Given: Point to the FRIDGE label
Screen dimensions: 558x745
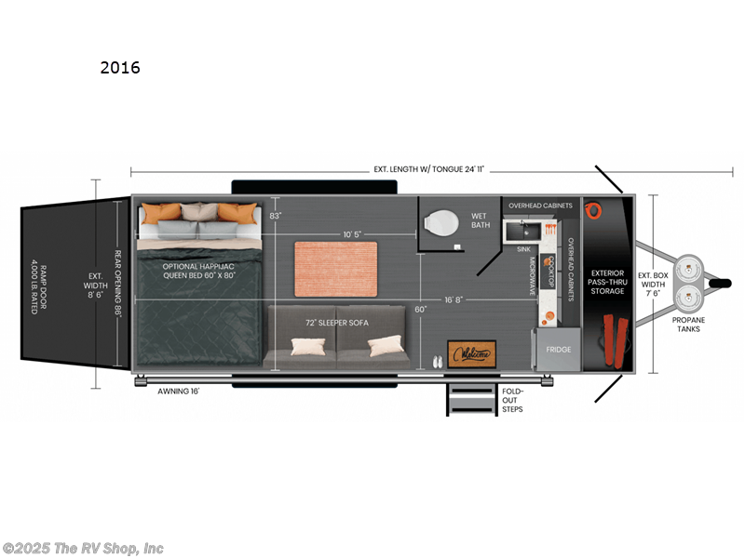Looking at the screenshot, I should tap(558, 350).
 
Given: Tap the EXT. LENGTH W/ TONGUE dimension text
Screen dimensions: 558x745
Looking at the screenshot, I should tap(429, 170).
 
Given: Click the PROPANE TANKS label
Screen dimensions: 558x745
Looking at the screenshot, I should tap(689, 325).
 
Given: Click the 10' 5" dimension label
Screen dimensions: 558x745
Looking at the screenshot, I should tap(353, 232).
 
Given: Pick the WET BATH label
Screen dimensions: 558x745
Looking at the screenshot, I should tap(480, 220).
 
